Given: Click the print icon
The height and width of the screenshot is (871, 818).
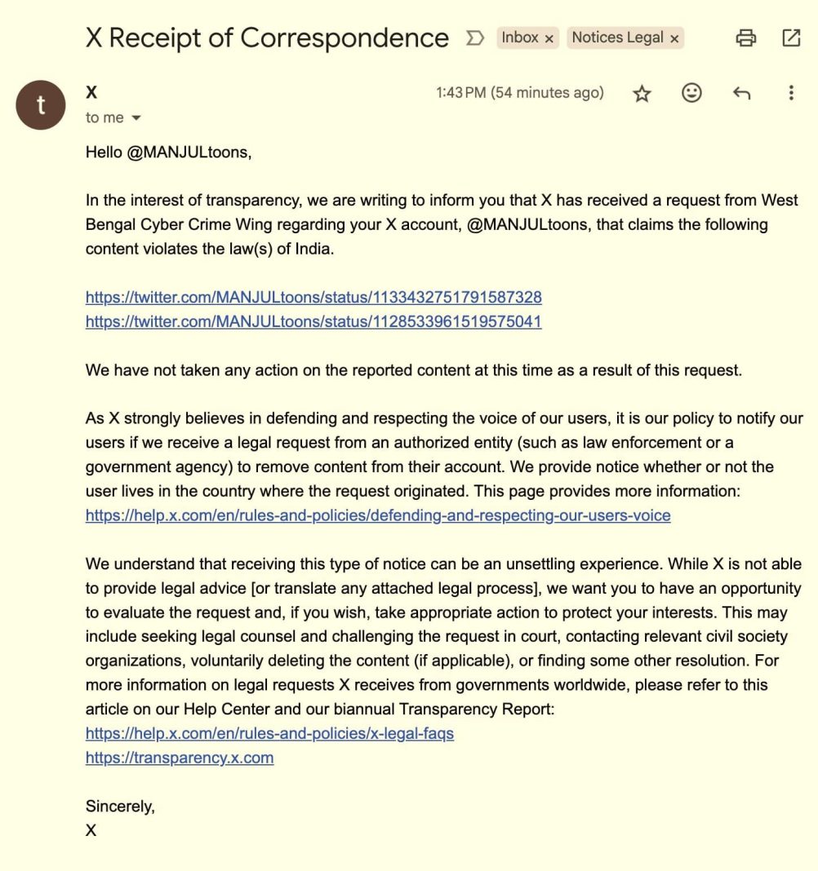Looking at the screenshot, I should [x=745, y=38].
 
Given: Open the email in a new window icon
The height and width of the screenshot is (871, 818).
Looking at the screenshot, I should [x=791, y=38].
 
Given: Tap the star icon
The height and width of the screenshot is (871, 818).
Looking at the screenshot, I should [x=642, y=94].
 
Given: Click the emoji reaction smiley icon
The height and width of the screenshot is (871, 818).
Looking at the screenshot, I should [x=691, y=93].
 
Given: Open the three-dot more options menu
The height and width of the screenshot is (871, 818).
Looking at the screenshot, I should [x=790, y=93].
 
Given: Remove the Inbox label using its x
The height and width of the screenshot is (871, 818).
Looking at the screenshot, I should [x=549, y=38].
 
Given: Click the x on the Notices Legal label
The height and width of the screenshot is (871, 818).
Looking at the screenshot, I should [x=674, y=38].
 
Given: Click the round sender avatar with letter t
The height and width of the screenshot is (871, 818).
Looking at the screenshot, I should [x=40, y=105].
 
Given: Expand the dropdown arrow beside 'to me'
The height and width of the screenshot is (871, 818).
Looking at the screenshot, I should [x=136, y=118].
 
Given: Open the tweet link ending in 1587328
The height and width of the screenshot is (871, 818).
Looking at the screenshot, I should [x=313, y=298].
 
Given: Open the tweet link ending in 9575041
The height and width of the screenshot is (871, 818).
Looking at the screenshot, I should [x=313, y=322].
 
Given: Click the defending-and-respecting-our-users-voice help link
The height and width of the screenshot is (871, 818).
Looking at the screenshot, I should [x=378, y=515].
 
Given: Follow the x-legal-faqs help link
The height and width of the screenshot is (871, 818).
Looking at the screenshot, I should [x=269, y=733].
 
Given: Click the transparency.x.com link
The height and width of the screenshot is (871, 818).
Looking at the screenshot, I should [x=180, y=758].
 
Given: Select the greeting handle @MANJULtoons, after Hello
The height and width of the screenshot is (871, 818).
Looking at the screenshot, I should [x=187, y=152].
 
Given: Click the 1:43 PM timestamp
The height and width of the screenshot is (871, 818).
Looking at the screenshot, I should [x=519, y=93].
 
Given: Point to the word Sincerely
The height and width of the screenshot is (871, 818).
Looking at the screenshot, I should [x=119, y=807].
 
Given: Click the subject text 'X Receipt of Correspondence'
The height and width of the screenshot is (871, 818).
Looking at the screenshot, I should [x=267, y=38].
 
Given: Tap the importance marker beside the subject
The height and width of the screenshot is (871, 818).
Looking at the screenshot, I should [x=474, y=38].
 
